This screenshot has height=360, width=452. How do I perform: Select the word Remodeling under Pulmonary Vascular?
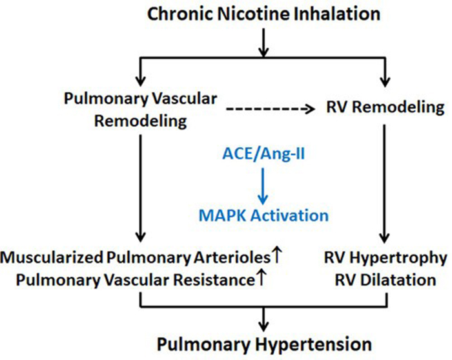141,121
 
